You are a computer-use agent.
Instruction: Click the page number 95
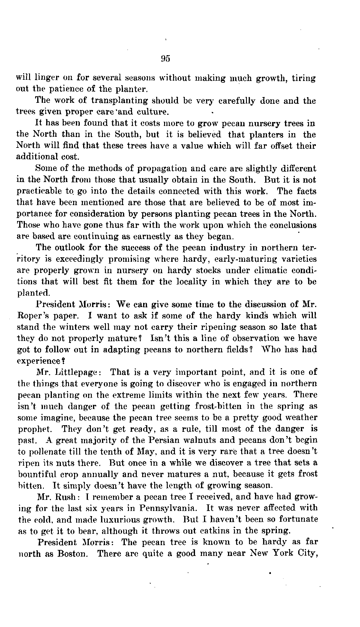165,58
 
